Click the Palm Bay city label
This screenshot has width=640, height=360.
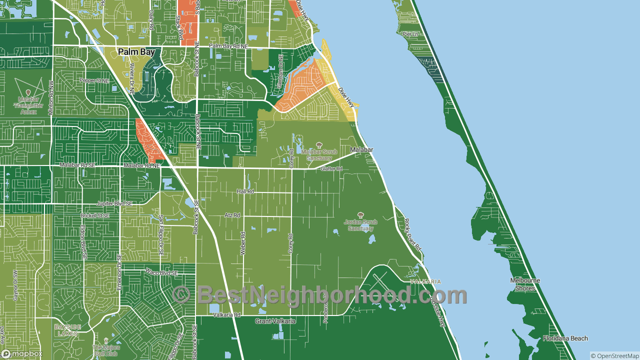136,52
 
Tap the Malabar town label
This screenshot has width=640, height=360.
361,149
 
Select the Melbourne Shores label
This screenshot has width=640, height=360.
525,284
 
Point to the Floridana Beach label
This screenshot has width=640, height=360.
565,338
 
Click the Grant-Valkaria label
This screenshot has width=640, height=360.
275,321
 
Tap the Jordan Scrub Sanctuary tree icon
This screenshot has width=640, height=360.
360,215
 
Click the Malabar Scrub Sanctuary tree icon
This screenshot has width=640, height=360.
319,145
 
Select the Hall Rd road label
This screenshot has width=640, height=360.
245,191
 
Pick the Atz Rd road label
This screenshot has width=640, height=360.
232,215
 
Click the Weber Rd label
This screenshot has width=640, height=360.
243,243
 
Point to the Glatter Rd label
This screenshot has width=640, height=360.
331,169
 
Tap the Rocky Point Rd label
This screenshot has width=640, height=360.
413,235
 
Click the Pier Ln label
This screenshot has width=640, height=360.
410,34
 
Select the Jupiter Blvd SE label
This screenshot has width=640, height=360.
114,204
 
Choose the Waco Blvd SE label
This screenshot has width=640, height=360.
161,273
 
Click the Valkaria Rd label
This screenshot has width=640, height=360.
226,315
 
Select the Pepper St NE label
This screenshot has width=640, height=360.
94,80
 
